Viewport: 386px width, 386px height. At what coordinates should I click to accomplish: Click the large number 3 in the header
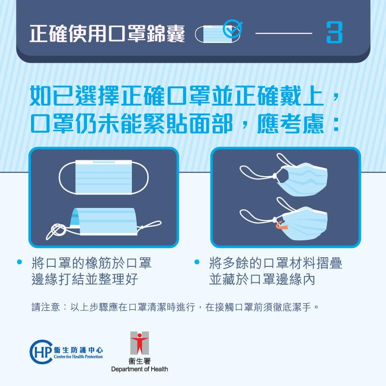point(334,33)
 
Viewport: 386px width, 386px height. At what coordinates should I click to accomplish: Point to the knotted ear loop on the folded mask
point(57,229)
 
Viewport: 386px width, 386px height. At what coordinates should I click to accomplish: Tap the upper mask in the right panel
point(300,178)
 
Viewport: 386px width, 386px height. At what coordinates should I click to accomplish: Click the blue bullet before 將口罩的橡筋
point(20,263)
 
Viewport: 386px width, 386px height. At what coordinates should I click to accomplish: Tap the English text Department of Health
point(139,369)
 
